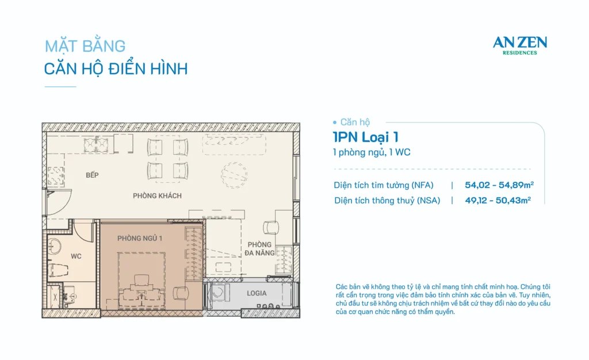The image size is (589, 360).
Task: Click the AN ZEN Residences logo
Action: (520, 45)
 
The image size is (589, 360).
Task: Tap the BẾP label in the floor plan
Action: (92, 175)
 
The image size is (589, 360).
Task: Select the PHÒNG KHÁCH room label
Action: (157, 196)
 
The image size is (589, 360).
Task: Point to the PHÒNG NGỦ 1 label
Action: (140, 239)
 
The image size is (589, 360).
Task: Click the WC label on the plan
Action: (76, 256)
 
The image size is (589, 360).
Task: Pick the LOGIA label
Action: (257, 293)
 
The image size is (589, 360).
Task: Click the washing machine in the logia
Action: (220, 293)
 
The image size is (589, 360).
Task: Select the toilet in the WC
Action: (58, 270)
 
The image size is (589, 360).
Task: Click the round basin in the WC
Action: (55, 247)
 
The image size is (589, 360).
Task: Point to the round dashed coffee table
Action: (234, 175)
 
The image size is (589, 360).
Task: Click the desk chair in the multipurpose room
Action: (271, 228)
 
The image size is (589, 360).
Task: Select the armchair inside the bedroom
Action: (181, 293)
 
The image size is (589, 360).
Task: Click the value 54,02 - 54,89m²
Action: (499, 185)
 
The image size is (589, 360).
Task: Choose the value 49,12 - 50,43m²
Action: (498, 200)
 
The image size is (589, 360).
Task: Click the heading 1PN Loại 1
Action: (365, 137)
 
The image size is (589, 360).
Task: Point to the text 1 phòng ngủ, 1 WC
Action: (372, 152)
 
